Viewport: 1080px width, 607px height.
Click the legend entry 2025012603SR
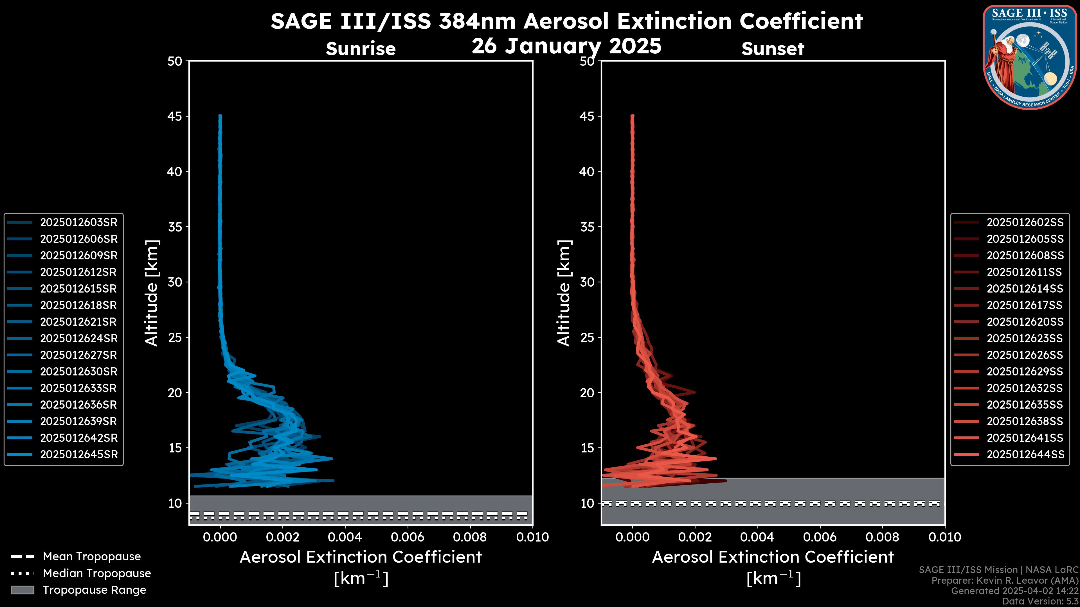[x=78, y=223]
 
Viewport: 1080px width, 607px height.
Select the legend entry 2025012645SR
[x=78, y=454]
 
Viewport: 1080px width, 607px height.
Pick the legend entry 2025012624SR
[x=78, y=338]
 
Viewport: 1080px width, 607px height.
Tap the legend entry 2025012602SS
[x=1025, y=223]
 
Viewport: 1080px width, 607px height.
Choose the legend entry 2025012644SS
[x=1025, y=454]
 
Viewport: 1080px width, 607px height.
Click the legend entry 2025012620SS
[x=1025, y=322]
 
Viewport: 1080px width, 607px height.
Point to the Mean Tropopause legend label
[x=91, y=557]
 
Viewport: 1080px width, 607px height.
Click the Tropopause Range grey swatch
[x=22, y=590]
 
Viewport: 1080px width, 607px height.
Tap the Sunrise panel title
[x=361, y=49]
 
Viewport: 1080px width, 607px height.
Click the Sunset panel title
[x=773, y=49]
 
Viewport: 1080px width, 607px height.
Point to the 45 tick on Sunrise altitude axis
[x=175, y=116]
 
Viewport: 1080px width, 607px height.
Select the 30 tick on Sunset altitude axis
[x=588, y=282]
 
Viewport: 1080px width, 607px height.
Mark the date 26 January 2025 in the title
[x=566, y=46]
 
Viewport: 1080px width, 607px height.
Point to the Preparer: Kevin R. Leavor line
[x=1005, y=581]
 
